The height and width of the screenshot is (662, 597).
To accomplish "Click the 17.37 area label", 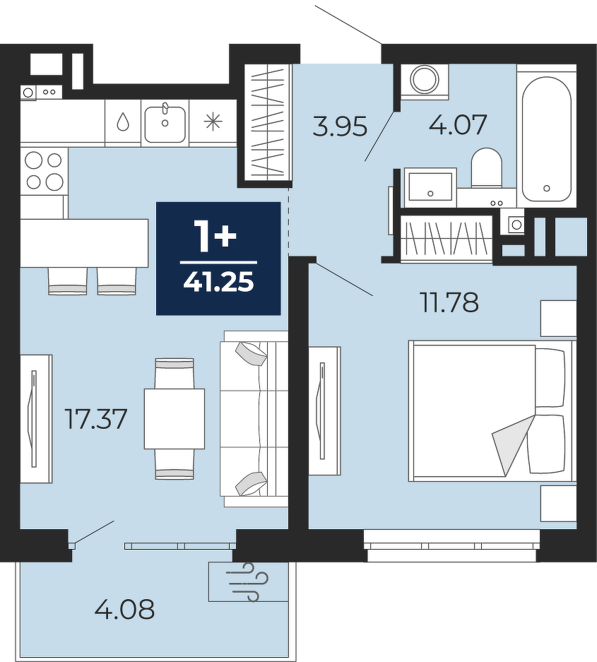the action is [96, 419].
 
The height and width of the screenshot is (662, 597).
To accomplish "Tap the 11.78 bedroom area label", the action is [449, 302].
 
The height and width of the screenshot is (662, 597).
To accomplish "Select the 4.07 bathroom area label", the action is [458, 124].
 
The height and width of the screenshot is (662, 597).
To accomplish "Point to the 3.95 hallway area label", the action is [341, 126].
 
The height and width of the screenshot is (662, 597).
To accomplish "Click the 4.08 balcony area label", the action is [124, 610].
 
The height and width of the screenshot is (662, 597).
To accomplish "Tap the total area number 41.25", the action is [219, 282].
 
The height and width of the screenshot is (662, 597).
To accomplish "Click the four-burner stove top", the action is [44, 172].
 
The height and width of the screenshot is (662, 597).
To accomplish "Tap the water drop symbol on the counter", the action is [123, 122].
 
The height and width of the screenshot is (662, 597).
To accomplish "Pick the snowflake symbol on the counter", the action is [213, 122].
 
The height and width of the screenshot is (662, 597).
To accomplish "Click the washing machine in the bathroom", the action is [425, 81].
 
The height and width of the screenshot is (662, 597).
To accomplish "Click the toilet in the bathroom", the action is [486, 168].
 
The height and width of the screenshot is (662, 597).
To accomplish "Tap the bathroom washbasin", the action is [430, 187].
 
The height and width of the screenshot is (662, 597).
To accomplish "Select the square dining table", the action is [175, 418].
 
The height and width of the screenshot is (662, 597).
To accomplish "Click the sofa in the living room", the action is [254, 418].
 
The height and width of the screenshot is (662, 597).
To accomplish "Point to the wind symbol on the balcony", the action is [247, 581].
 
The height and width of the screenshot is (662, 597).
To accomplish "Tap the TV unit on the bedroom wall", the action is [325, 410].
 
